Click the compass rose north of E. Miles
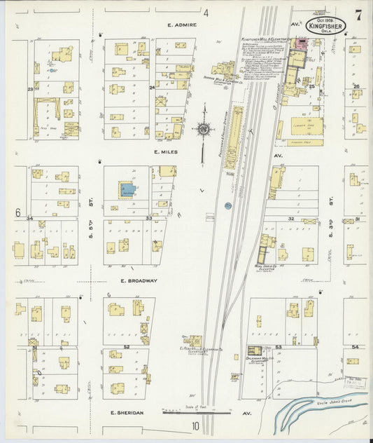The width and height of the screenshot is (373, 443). coord(203,129)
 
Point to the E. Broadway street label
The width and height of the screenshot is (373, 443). coord(138,280)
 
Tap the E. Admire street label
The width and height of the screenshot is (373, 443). coord(182,25)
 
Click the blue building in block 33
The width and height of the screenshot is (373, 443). coord(127,189)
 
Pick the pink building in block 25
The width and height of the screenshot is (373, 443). coord(302,44)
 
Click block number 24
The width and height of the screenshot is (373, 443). coord(151,88)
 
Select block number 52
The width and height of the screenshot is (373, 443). coord(127,346)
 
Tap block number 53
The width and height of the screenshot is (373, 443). coord(278,347)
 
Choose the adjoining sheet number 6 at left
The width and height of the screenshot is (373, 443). coord(18,212)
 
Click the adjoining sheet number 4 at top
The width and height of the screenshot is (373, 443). coord(206,12)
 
